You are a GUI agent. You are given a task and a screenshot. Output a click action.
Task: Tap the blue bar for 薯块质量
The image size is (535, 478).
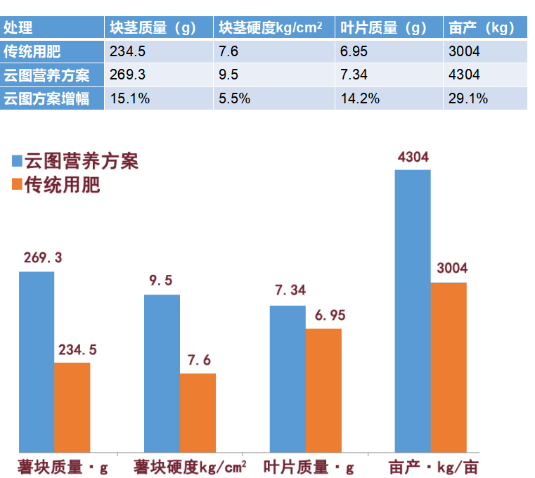point(37,361)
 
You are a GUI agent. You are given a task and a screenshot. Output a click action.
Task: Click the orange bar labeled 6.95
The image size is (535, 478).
point(323,389)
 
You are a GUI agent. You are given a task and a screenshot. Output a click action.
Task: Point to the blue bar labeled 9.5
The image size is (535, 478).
point(162,373)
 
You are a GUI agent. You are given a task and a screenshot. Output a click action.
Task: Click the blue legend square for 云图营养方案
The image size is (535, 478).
point(18,161)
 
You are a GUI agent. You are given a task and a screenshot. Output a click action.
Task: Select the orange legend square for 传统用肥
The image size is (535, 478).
point(18,185)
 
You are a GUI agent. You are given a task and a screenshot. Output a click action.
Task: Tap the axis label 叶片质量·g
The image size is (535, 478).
point(309,467)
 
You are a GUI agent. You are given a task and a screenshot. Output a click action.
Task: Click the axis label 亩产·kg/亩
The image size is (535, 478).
point(433,467)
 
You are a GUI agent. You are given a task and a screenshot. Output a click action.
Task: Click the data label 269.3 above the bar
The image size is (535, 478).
point(42,258)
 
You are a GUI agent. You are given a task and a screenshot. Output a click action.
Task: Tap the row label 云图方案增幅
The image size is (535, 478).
point(46,98)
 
